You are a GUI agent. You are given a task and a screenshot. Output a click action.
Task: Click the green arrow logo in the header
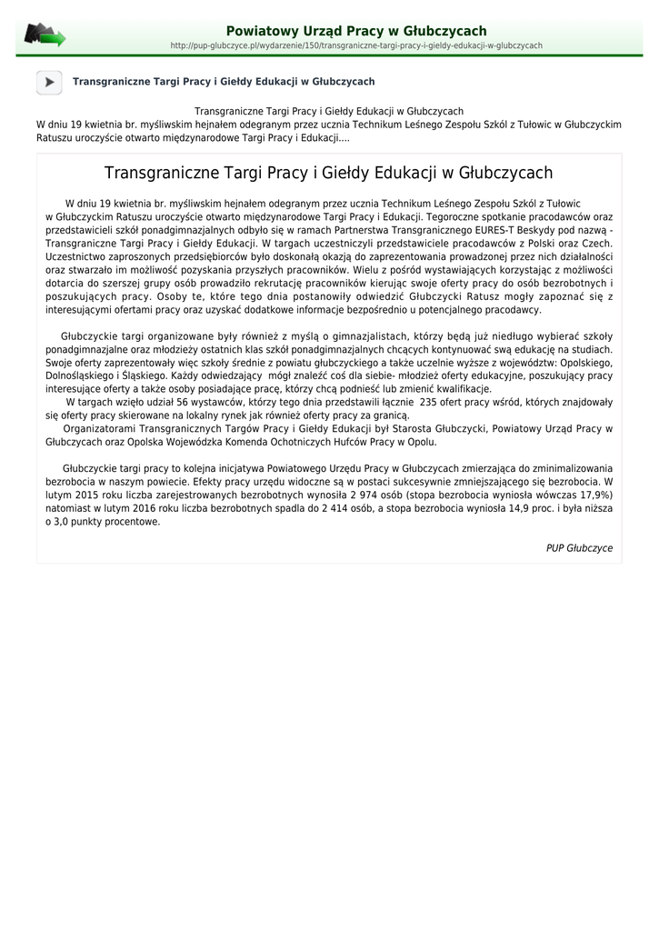(x=45, y=35)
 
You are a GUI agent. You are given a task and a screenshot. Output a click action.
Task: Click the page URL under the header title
(x=356, y=45)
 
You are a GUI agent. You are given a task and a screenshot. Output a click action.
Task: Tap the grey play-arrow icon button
(x=49, y=82)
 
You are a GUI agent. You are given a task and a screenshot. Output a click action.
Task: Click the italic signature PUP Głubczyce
(x=579, y=548)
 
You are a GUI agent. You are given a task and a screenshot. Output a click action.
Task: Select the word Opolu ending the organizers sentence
(x=420, y=442)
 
